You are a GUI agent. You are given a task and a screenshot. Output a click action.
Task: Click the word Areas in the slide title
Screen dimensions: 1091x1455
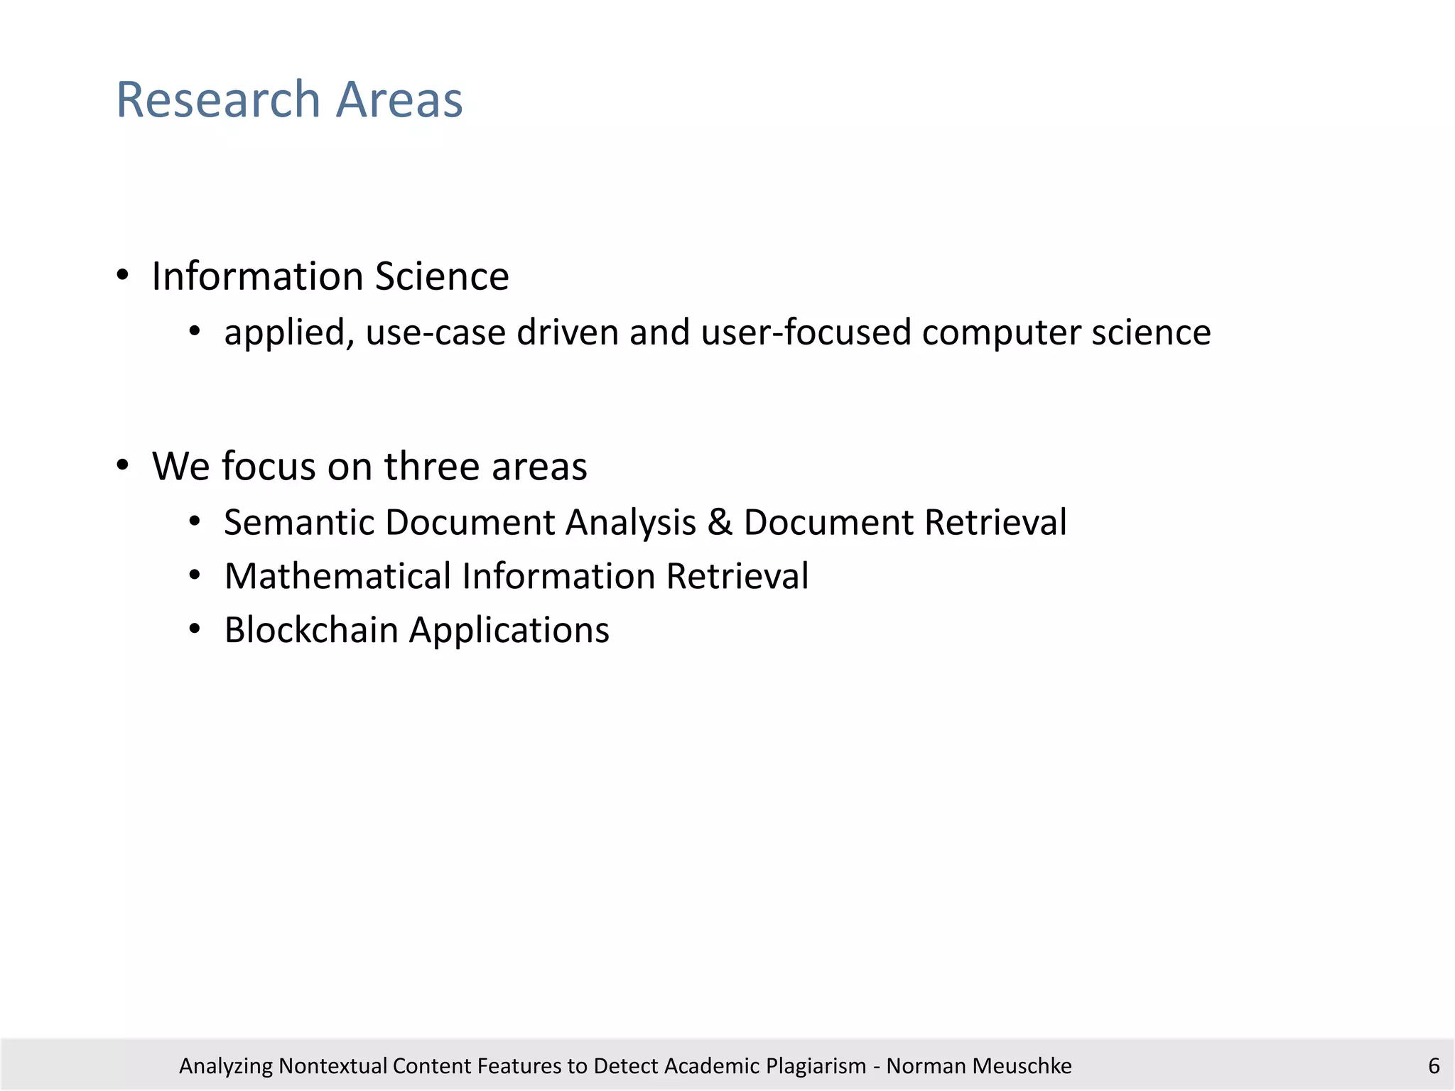click(x=399, y=99)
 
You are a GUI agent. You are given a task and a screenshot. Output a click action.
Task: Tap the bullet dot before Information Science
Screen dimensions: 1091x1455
click(x=123, y=276)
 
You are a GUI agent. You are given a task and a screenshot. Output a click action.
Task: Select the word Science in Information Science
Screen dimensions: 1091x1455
click(x=442, y=276)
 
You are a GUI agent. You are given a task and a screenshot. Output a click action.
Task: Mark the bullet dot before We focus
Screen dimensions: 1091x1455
click(x=123, y=466)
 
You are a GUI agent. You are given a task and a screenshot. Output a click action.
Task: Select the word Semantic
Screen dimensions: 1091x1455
click(x=299, y=522)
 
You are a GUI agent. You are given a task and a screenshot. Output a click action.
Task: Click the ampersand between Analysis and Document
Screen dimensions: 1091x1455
click(x=720, y=522)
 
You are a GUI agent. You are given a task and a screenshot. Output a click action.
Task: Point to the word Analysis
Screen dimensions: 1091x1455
click(x=630, y=523)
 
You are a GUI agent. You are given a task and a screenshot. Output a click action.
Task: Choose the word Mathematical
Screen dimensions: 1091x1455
click(x=337, y=576)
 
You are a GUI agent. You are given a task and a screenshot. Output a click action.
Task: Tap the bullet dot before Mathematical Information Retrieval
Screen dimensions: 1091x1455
click(x=195, y=575)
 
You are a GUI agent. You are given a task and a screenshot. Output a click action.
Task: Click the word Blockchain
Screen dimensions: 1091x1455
click(x=311, y=630)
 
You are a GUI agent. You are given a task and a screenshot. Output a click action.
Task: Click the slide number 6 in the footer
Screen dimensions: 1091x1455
click(x=1434, y=1065)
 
